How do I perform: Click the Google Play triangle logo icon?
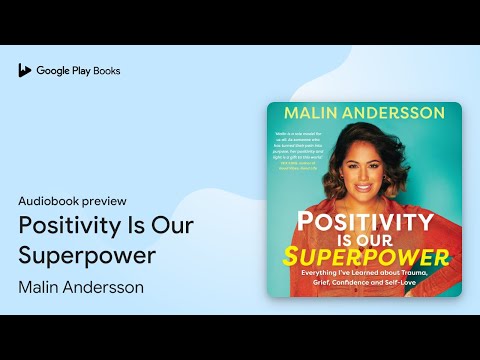(x=25, y=71)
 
